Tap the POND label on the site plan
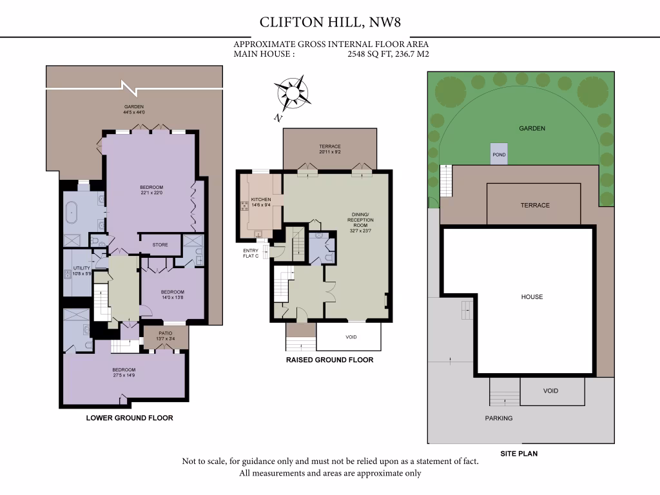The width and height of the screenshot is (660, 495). (x=499, y=155)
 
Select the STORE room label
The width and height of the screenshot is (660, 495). (x=160, y=245)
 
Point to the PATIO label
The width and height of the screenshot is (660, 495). (x=166, y=334)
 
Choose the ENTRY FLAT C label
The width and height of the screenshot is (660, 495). (x=251, y=253)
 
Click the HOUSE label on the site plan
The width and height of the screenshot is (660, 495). (x=532, y=297)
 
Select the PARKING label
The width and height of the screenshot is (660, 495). (x=499, y=418)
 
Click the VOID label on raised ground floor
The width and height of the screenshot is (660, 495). (x=351, y=337)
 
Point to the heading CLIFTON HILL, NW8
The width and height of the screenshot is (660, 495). (x=329, y=22)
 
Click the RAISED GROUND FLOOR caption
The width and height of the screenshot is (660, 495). (x=329, y=360)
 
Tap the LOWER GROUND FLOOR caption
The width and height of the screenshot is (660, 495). (x=130, y=418)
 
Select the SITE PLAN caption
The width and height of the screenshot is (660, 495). (x=519, y=454)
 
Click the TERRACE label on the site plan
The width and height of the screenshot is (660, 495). (x=535, y=206)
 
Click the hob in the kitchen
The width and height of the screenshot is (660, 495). (x=244, y=206)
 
